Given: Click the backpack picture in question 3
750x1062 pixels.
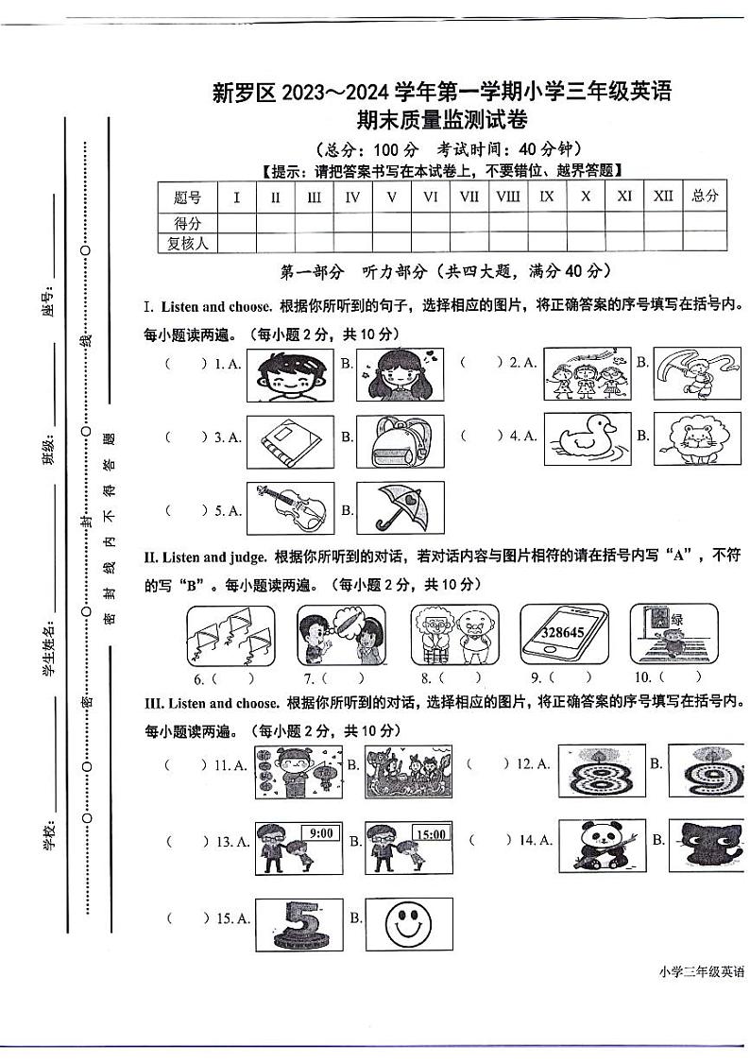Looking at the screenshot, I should (x=400, y=441).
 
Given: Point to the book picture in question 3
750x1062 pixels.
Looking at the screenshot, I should (x=290, y=441).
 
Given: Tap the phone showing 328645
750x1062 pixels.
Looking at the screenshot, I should (x=564, y=636).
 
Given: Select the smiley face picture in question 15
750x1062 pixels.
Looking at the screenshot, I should (x=408, y=923).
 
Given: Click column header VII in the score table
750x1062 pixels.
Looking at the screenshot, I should (x=469, y=197).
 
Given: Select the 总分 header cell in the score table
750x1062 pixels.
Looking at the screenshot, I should (x=704, y=197).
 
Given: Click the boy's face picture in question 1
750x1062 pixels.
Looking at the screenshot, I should (x=290, y=375).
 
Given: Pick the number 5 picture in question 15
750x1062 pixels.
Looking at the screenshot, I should (x=299, y=923).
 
